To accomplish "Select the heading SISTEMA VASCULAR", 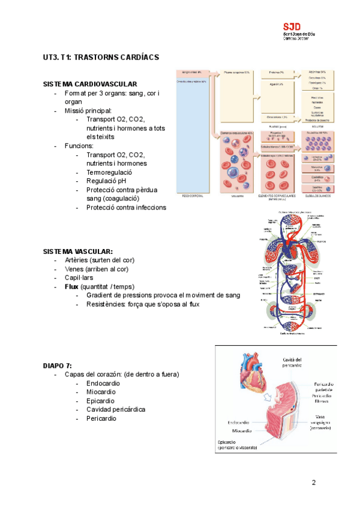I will tap(78, 251).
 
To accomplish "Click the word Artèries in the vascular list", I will tap(77, 260).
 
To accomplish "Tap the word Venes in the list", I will tap(74, 269).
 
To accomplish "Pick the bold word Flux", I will tap(72, 286).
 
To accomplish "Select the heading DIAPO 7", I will tap(58, 365).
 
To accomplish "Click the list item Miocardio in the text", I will tap(101, 391).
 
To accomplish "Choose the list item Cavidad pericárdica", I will tap(116, 409).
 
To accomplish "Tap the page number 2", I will tap(313, 483).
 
